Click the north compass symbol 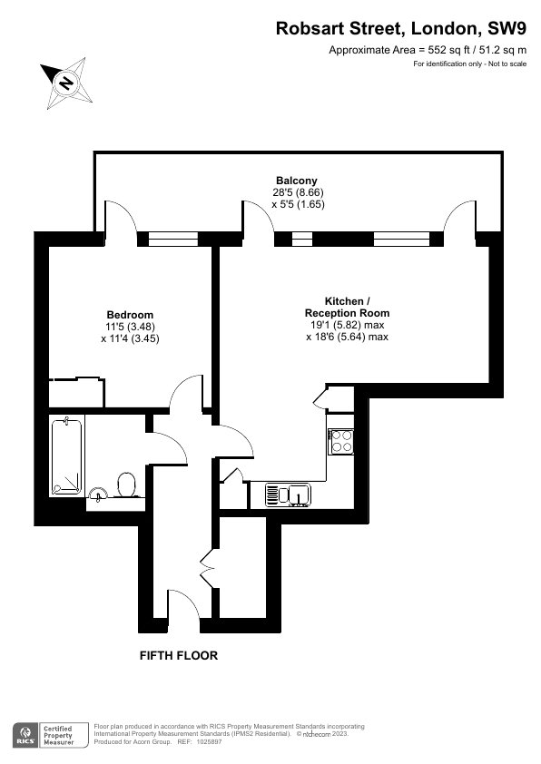click(67, 83)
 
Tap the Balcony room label click(296, 181)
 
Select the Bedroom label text click(130, 315)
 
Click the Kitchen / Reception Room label click(347, 307)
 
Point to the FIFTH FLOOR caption click(179, 655)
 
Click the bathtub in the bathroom click(67, 456)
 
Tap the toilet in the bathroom click(127, 485)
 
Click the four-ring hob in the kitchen click(341, 442)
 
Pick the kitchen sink click(289, 495)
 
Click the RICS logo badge click(25, 735)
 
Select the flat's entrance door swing click(184, 604)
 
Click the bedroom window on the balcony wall click(173, 239)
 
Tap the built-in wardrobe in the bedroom click(76, 392)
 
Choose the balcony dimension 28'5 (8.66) click(299, 192)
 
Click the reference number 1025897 click(209, 742)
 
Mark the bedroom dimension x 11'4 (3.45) click(130, 338)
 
